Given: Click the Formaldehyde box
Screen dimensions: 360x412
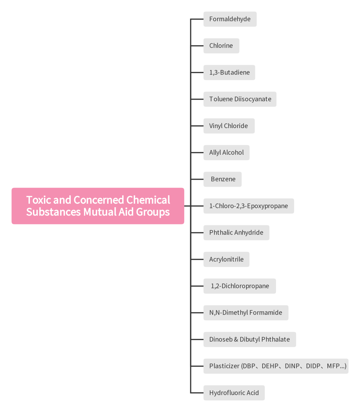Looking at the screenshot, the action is [x=230, y=19].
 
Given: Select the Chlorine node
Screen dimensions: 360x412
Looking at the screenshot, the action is [x=221, y=46].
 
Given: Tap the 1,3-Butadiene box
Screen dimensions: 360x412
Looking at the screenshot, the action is [x=229, y=72].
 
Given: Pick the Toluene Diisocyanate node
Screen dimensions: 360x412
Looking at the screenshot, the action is [x=240, y=99].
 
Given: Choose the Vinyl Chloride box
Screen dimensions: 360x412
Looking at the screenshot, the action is [x=229, y=126].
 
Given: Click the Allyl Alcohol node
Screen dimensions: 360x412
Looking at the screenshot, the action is [x=227, y=152].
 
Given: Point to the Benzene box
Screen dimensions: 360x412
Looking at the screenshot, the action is [x=222, y=179].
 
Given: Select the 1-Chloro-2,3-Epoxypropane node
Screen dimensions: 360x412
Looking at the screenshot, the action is [x=249, y=206].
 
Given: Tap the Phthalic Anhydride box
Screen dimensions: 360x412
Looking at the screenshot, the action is [x=236, y=232].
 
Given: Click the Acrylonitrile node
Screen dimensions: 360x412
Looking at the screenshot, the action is [x=227, y=259].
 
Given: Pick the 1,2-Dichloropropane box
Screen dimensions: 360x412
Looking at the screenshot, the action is [x=240, y=286].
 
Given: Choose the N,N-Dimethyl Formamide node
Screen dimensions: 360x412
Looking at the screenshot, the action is [x=246, y=312].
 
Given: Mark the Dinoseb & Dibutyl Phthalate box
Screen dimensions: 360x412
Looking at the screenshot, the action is [x=249, y=339].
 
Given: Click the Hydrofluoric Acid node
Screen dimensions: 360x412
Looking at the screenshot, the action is [x=234, y=393].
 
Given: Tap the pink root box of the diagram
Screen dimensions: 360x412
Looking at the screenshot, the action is [x=98, y=206].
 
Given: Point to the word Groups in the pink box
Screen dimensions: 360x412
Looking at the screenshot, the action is [x=153, y=212].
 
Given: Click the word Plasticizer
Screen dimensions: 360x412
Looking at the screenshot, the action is [x=224, y=366].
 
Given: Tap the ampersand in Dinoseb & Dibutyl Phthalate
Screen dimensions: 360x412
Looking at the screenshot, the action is [x=236, y=339].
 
